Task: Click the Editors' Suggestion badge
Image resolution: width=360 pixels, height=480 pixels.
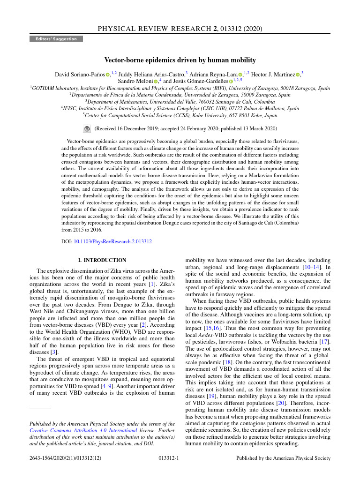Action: [x=56, y=39]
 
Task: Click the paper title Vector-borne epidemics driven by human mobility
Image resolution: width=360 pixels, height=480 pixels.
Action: [x=180, y=60]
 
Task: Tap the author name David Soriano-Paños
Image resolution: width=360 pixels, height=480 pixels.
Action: [x=79, y=74]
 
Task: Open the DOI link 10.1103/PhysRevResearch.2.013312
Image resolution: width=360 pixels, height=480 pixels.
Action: [x=112, y=241]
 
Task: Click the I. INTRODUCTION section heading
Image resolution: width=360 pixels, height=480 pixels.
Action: [x=102, y=260]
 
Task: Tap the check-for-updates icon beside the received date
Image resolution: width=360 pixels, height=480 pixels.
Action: [x=87, y=128]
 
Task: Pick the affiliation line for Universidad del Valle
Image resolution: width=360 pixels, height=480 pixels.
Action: [x=180, y=101]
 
